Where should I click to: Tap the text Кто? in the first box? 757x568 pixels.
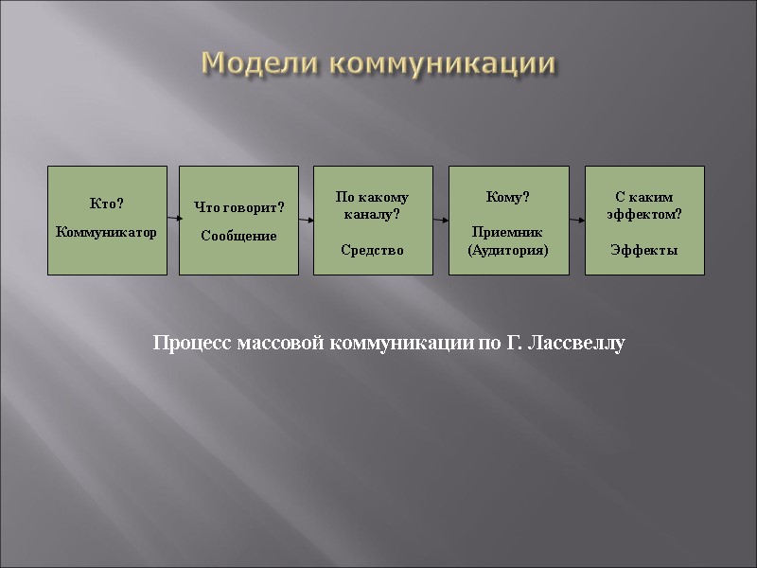pos(107,204)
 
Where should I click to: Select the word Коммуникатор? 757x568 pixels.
pos(107,232)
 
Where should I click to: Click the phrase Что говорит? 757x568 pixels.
pos(239,206)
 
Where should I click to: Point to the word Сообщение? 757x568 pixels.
pos(239,236)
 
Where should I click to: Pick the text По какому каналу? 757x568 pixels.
pos(373,206)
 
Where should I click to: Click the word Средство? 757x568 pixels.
pos(373,250)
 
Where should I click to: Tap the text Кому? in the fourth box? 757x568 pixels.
pos(508,197)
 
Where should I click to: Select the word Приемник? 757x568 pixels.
pos(508,232)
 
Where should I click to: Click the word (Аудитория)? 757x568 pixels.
pos(508,249)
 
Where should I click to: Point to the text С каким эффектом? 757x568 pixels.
pos(644,205)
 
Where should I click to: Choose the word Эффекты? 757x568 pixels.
pos(644,250)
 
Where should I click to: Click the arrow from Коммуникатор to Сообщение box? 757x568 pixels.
pos(174,219)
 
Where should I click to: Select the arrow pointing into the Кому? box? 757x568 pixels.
pos(440,219)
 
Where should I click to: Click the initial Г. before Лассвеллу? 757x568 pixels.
pos(515,343)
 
